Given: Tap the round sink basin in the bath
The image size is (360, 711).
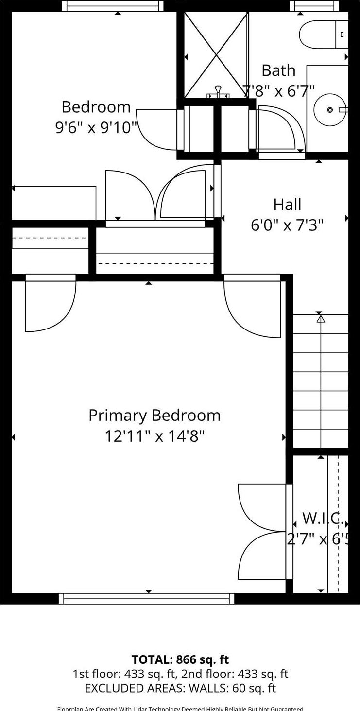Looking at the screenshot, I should [x=330, y=110].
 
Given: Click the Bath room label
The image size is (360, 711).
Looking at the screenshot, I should [x=278, y=70].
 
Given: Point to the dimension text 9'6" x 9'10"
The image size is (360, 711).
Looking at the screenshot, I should [x=96, y=127].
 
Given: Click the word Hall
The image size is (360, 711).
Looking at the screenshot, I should [x=287, y=205].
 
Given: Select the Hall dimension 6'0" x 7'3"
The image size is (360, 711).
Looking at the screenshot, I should [x=287, y=225].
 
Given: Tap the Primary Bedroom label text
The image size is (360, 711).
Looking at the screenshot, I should [x=154, y=416].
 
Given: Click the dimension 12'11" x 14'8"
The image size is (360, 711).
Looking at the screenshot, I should [x=154, y=436].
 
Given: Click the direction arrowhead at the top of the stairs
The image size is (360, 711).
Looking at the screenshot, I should [x=321, y=319].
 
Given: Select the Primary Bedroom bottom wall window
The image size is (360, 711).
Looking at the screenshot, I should [x=146, y=598].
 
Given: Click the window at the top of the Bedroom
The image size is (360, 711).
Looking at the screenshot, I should [x=113, y=6].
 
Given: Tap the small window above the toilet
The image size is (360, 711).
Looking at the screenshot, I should [x=314, y=6].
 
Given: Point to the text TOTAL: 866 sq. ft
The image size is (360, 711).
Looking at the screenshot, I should [x=180, y=659].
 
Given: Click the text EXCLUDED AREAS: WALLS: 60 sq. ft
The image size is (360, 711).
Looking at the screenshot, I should [x=180, y=688].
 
